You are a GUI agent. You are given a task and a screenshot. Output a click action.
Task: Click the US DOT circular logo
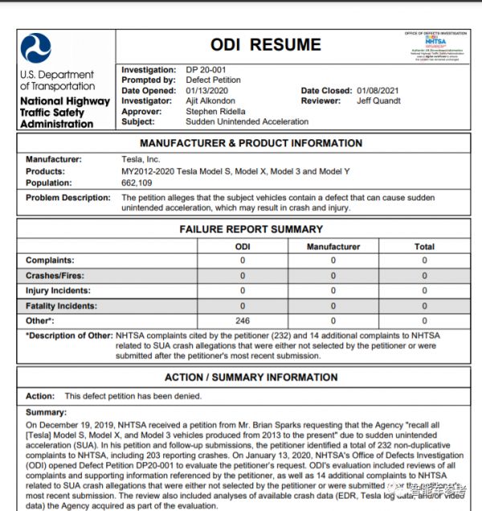click(36, 48)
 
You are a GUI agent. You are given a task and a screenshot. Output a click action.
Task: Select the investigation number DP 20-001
click(206, 70)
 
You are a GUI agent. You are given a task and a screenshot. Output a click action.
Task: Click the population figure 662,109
click(138, 183)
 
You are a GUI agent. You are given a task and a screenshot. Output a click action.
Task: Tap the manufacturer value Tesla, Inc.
click(141, 159)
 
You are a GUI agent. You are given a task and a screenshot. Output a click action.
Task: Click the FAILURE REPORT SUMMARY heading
click(251, 229)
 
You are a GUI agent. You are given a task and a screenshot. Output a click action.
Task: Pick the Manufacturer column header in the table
click(333, 246)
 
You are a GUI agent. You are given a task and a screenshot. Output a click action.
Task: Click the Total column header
click(424, 246)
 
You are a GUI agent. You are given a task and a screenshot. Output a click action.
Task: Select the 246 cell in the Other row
click(242, 320)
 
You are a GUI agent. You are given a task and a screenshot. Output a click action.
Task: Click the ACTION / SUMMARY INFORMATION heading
click(251, 377)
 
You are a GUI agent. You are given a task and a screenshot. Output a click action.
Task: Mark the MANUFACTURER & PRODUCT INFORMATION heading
click(251, 143)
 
